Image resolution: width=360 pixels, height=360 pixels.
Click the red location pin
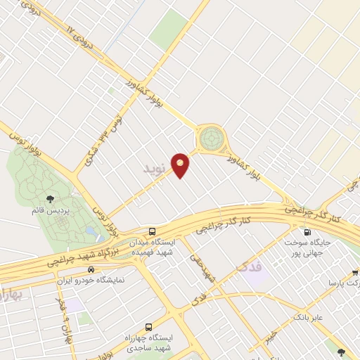click(x=181, y=165)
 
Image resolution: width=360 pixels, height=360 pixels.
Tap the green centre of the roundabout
click(x=210, y=138)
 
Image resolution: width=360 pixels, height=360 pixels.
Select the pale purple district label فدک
click(x=250, y=268)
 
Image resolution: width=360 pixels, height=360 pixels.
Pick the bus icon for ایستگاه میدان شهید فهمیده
click(x=152, y=231)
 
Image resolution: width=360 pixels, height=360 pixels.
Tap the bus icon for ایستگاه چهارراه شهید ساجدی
click(x=148, y=327)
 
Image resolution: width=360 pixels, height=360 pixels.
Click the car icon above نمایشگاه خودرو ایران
click(x=91, y=269)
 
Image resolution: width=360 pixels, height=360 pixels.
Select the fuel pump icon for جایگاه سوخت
click(x=307, y=232)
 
